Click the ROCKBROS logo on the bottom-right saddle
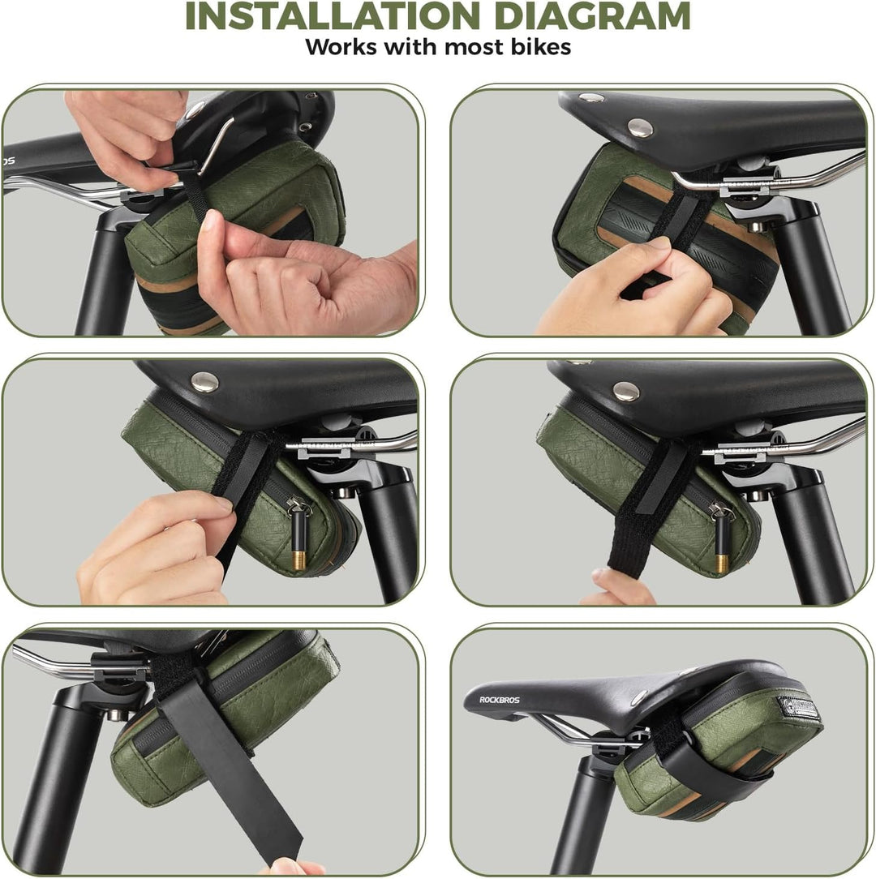pos(499,700)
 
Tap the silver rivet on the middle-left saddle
pos(204,382)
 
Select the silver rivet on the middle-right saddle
pos(626,392)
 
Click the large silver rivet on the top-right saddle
pos(640,128)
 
